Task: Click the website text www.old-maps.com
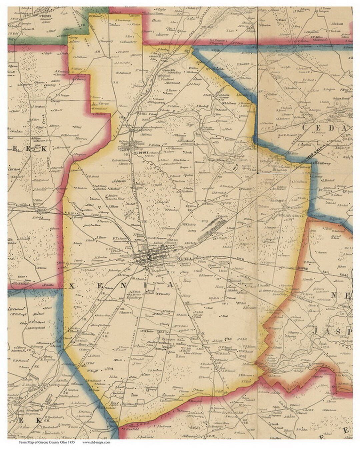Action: click(96, 443)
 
